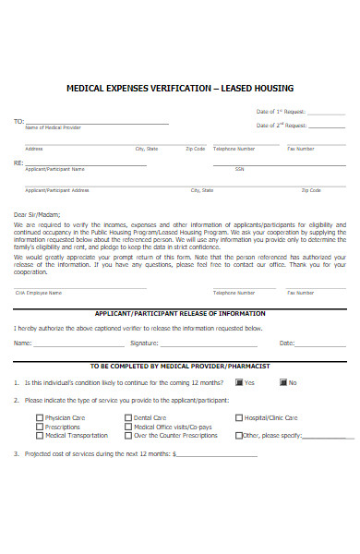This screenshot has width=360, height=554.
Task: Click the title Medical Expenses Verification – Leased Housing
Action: click(x=180, y=89)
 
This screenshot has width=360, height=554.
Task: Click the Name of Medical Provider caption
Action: click(x=45, y=127)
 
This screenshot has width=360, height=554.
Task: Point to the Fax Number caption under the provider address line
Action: click(x=301, y=149)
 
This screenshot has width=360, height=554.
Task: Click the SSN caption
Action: click(x=239, y=169)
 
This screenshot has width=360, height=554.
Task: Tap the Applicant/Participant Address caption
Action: click(x=57, y=190)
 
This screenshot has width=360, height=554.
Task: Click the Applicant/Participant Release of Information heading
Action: click(x=180, y=313)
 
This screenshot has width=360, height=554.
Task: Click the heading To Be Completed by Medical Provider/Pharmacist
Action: click(x=180, y=366)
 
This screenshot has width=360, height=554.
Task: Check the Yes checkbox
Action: click(x=239, y=382)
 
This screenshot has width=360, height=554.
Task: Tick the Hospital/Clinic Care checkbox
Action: click(x=239, y=417)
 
